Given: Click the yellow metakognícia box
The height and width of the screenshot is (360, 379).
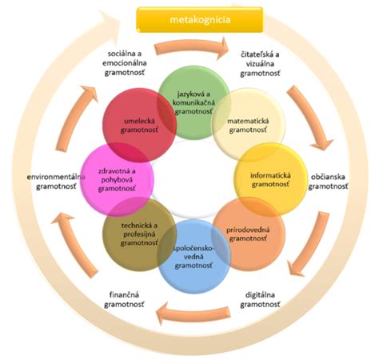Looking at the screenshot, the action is click(x=200, y=20).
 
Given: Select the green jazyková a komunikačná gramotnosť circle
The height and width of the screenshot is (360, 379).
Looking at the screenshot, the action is click(x=194, y=103).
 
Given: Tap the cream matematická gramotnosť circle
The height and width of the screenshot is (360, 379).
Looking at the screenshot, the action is click(x=248, y=125).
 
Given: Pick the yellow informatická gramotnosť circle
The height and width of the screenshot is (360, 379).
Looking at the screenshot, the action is click(x=271, y=179).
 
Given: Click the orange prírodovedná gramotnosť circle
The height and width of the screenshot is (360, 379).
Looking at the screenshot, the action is click(x=249, y=234).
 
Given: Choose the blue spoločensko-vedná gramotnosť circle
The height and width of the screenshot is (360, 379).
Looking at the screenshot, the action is click(x=193, y=257).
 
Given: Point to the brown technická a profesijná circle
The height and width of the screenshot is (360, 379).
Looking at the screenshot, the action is click(x=139, y=234).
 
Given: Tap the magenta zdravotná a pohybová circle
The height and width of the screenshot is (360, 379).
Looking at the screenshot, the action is click(x=117, y=179).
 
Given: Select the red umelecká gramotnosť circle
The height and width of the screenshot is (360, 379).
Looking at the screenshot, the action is click(x=139, y=125).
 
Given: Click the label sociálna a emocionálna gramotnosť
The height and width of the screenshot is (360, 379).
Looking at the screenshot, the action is click(x=125, y=63).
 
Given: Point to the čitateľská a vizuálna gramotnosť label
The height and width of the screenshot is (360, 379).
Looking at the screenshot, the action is click(x=260, y=64).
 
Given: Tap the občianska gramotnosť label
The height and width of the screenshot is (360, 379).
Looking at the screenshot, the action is click(x=328, y=182).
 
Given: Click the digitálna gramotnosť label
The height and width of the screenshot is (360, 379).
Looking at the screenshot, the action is click(x=260, y=299).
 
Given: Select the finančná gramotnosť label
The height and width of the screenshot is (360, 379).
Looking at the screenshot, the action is click(x=124, y=299).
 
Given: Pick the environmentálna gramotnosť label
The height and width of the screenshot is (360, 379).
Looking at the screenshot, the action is click(x=56, y=182).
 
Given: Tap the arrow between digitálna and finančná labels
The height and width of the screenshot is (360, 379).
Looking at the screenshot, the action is click(x=193, y=313).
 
